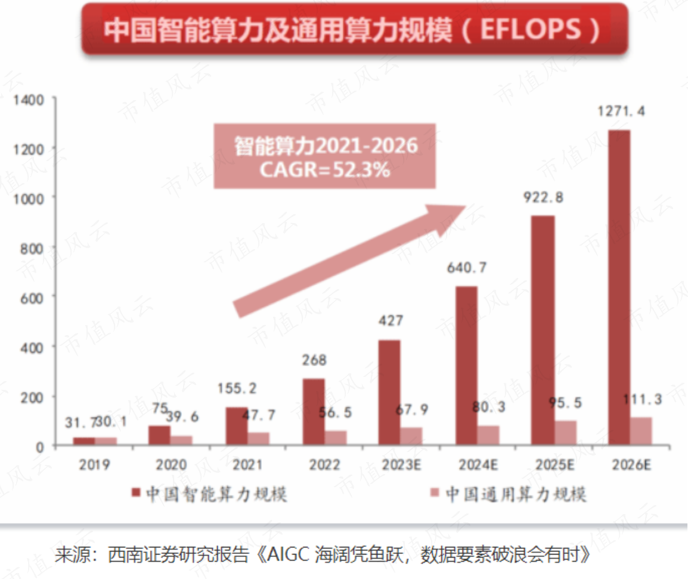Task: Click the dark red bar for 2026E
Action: [619, 287]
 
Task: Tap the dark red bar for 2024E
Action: [467, 365]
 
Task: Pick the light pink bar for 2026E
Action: [641, 431]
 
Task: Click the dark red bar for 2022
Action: [314, 411]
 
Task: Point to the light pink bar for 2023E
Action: [411, 436]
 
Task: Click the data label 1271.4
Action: [622, 111]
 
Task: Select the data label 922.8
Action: [543, 197]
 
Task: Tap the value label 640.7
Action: [467, 268]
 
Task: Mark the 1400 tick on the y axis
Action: [28, 99]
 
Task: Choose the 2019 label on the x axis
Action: [94, 465]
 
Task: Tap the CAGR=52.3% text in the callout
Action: [325, 170]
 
